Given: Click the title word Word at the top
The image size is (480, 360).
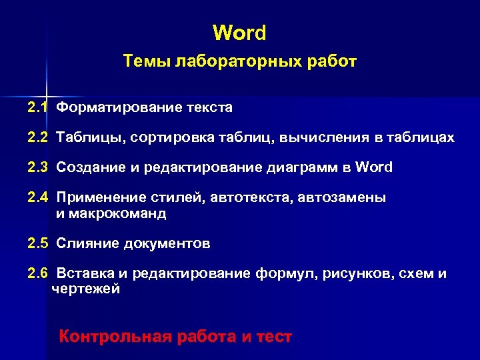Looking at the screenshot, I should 239,32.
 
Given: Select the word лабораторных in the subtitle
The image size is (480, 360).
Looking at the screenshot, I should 217,62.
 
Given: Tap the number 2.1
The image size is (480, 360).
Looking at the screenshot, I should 38,107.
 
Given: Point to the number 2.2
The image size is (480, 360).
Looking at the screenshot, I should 38,137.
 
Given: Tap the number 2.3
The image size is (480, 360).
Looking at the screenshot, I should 38,167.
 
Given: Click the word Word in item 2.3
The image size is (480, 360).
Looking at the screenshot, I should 375,167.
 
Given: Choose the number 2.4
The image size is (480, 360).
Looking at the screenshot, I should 38,198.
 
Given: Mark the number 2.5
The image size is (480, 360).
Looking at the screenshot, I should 38,243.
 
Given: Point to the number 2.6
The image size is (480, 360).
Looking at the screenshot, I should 38,274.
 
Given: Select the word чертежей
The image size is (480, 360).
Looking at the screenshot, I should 86,289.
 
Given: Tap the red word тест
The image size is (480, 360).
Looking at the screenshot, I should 273,337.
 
